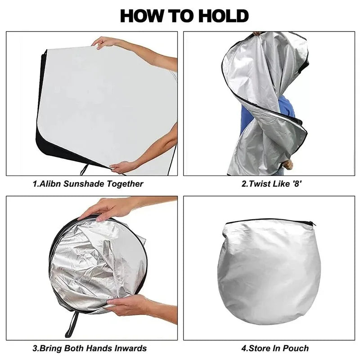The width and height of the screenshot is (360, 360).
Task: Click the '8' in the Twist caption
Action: (x=297, y=184)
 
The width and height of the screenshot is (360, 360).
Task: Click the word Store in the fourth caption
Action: (x=258, y=348)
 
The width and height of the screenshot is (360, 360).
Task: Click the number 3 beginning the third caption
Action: (x=35, y=348)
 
